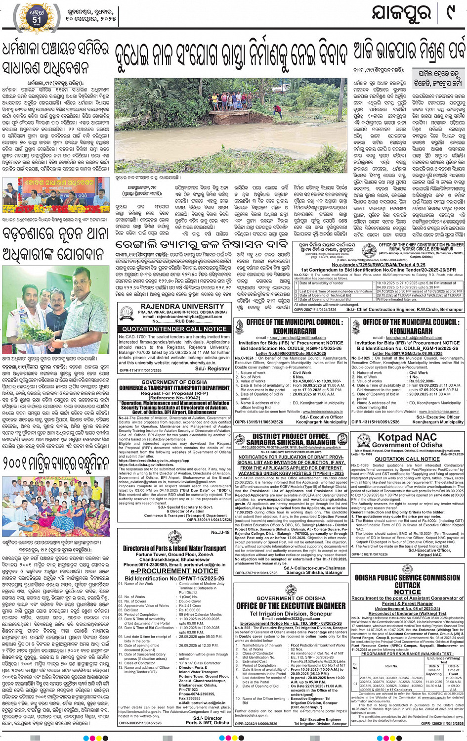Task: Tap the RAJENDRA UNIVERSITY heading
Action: click(x=175, y=306)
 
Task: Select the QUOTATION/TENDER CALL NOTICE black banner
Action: click(x=174, y=328)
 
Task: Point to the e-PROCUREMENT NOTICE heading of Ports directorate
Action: click(x=174, y=571)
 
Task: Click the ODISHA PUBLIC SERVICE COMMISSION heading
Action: click(x=407, y=578)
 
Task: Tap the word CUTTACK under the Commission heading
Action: click(x=407, y=585)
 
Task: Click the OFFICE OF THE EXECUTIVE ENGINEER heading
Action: click(x=291, y=606)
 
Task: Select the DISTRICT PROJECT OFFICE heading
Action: click(x=291, y=436)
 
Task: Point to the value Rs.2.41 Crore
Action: click(x=190, y=605)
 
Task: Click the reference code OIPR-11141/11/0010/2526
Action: click(x=140, y=370)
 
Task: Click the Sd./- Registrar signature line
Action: click(x=212, y=369)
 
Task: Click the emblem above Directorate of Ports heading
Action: click(x=174, y=540)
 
